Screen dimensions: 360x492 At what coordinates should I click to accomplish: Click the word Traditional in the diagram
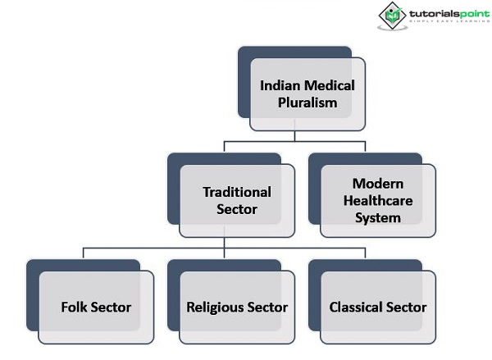tap(237, 192)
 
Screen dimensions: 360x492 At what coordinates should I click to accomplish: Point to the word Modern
tap(378, 183)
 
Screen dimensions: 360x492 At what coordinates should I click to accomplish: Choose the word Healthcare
tap(378, 200)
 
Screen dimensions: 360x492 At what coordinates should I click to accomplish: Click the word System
tap(378, 217)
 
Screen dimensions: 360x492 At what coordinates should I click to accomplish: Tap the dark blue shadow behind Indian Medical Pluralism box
tap(244, 82)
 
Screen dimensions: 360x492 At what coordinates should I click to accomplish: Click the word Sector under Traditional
tap(237, 209)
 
